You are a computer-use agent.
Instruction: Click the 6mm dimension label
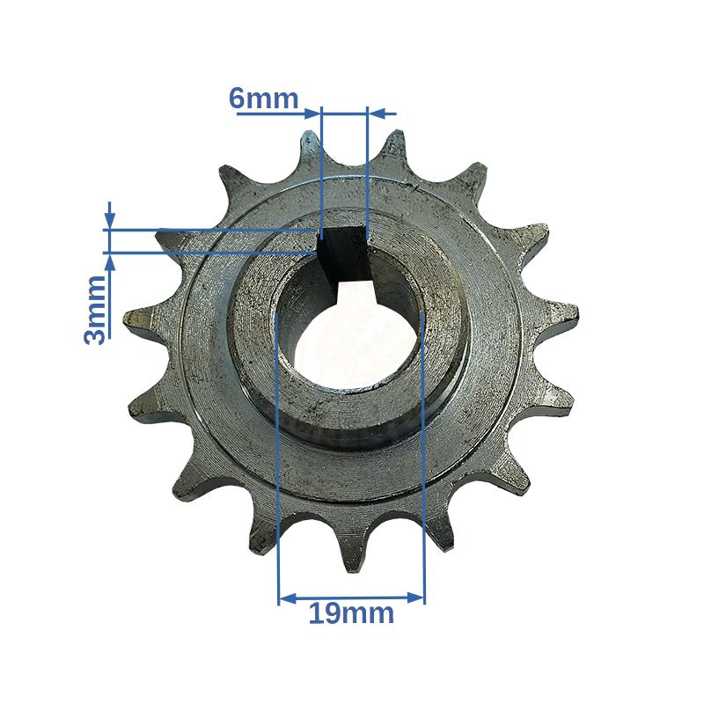(x=263, y=99)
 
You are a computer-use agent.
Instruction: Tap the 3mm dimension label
(x=95, y=311)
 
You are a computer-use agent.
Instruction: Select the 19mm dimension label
(x=351, y=613)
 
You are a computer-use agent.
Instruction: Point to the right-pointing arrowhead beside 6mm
(x=312, y=114)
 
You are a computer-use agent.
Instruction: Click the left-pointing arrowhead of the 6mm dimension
(x=377, y=114)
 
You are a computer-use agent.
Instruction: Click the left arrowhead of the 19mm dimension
(x=288, y=598)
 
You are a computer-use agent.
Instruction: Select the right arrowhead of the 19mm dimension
(x=414, y=598)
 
